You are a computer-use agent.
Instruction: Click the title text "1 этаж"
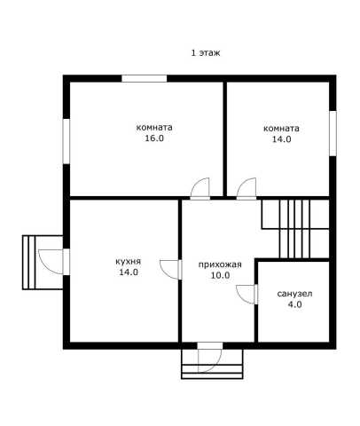pyautogui.click(x=206, y=53)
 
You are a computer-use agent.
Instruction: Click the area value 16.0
pyautogui.click(x=154, y=138)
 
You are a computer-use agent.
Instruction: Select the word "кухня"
pyautogui.click(x=129, y=262)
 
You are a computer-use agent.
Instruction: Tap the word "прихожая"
pyautogui.click(x=220, y=264)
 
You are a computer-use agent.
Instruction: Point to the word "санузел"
pyautogui.click(x=294, y=294)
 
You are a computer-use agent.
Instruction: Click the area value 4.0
pyautogui.click(x=294, y=304)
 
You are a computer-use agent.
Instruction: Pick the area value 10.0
pyautogui.click(x=220, y=275)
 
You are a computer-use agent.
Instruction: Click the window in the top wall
pyautogui.click(x=145, y=79)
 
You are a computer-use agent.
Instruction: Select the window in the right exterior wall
pyautogui.click(x=333, y=133)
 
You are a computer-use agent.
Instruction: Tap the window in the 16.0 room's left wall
pyautogui.click(x=67, y=141)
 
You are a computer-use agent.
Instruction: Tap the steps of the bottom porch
pyautogui.click(x=212, y=372)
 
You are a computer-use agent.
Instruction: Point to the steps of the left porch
pyautogui.click(x=29, y=263)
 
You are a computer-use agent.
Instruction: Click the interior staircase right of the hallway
pyautogui.click(x=295, y=229)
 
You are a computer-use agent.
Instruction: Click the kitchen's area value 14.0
pyautogui.click(x=129, y=272)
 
